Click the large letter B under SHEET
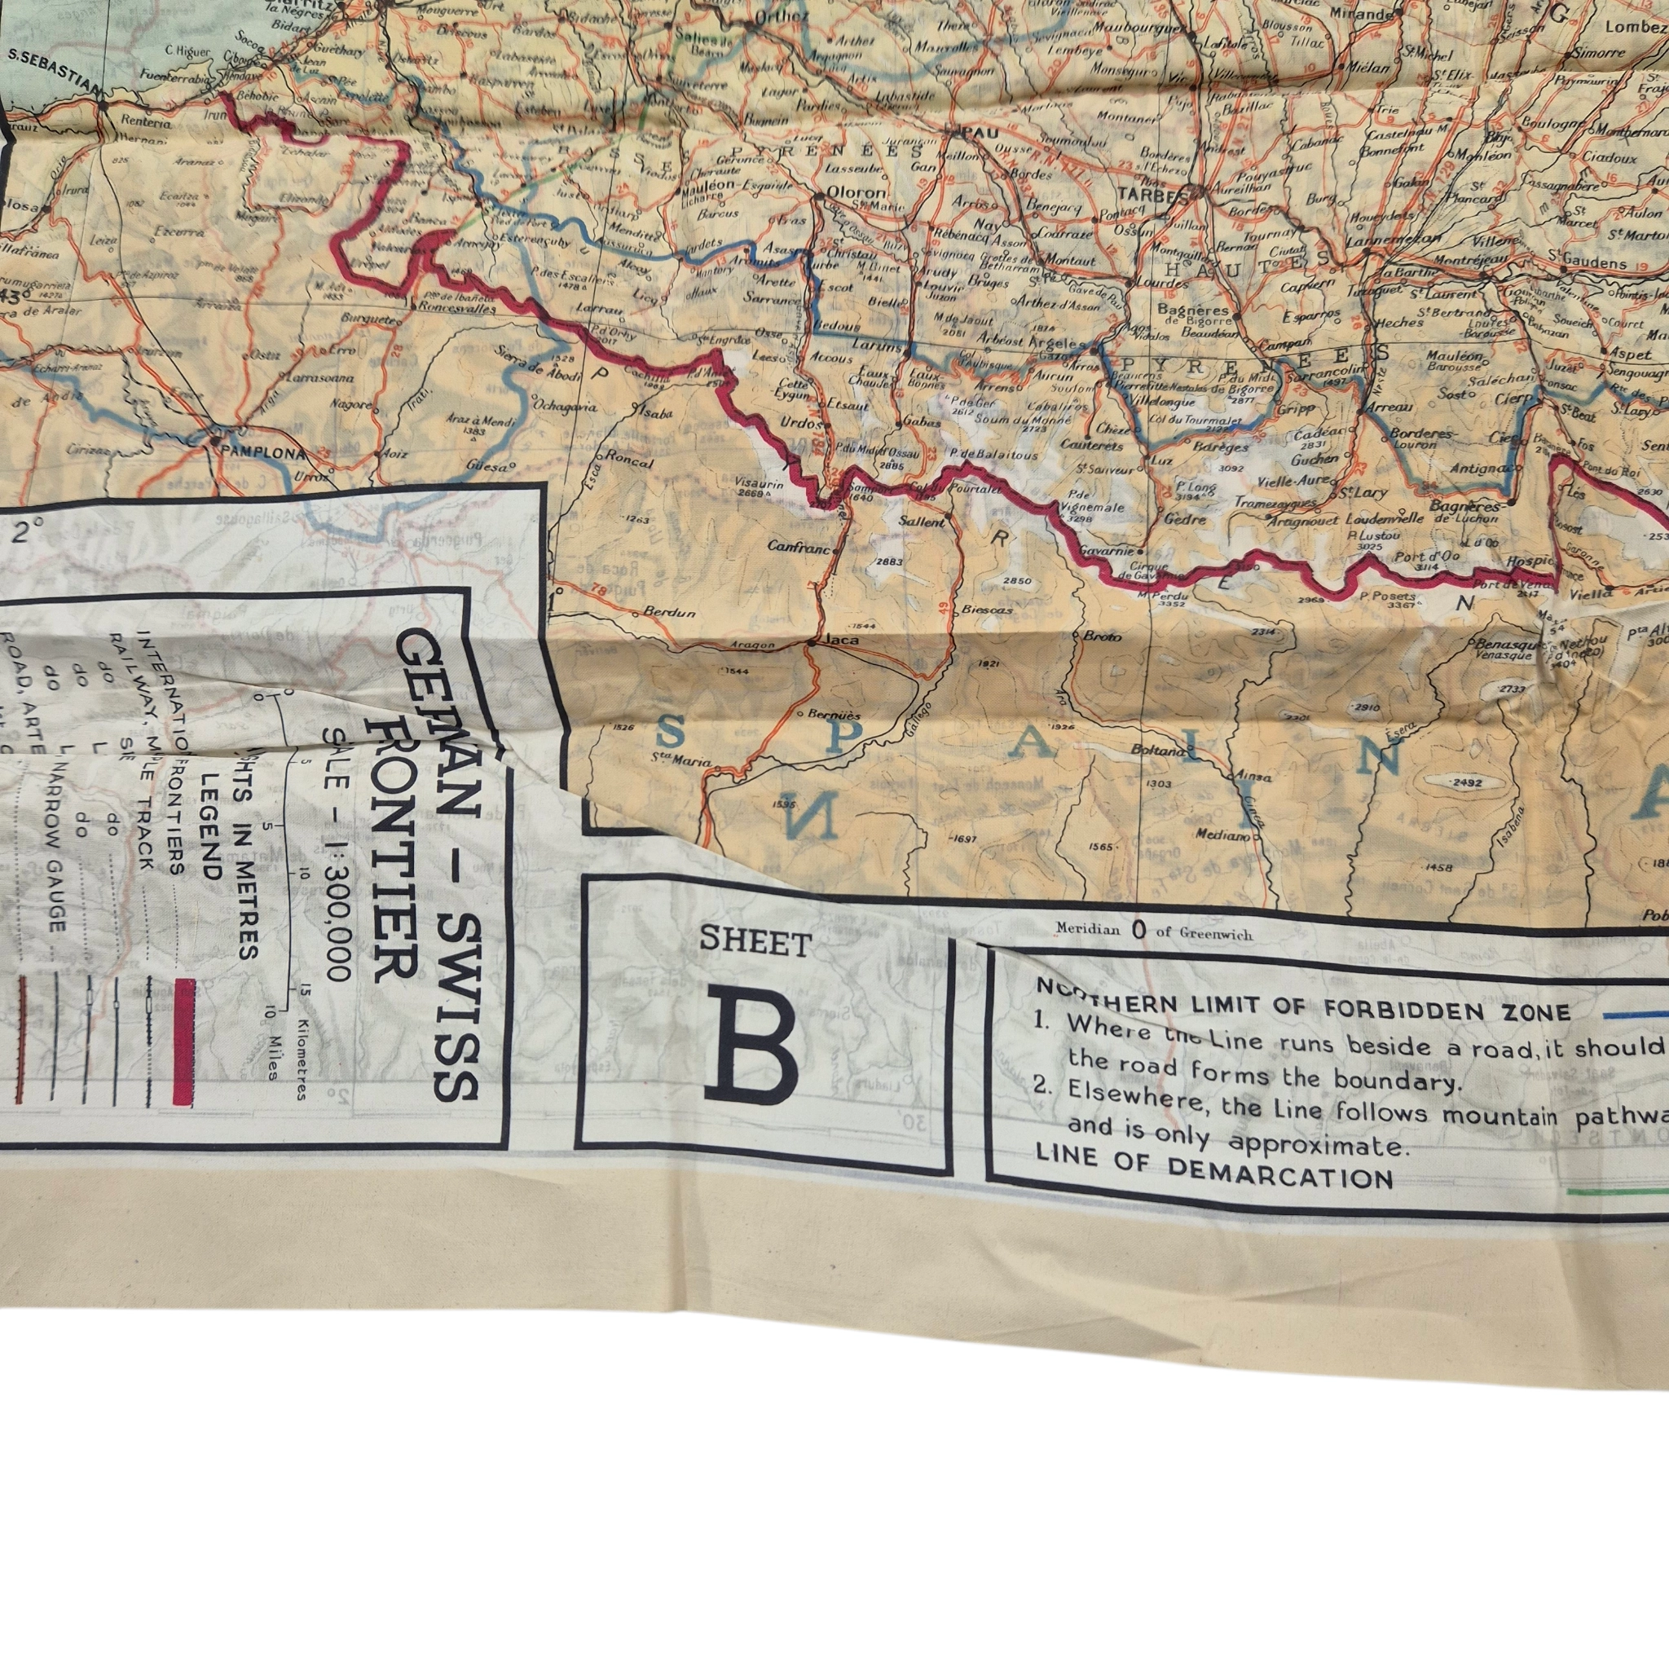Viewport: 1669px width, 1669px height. (x=750, y=1049)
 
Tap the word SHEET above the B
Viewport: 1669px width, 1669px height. (x=755, y=943)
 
